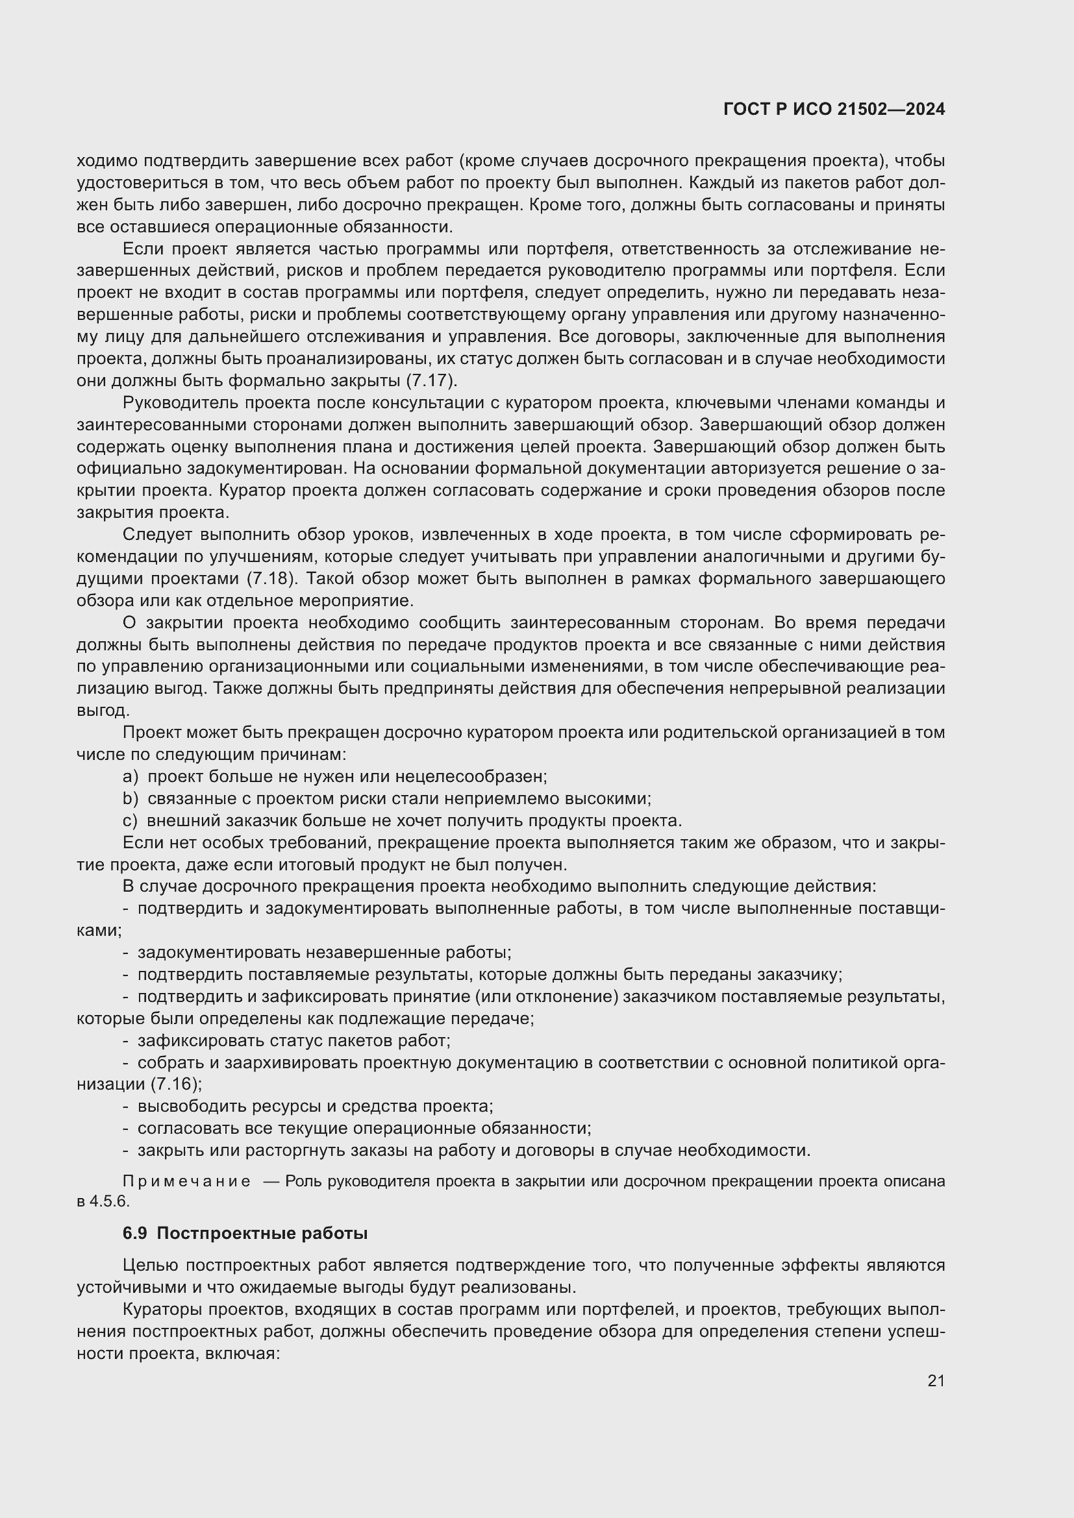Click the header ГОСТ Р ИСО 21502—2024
[834, 110]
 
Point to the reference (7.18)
[272, 578]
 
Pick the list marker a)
[131, 776]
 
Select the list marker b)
[131, 799]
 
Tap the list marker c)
[131, 820]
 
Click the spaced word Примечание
[186, 1181]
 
